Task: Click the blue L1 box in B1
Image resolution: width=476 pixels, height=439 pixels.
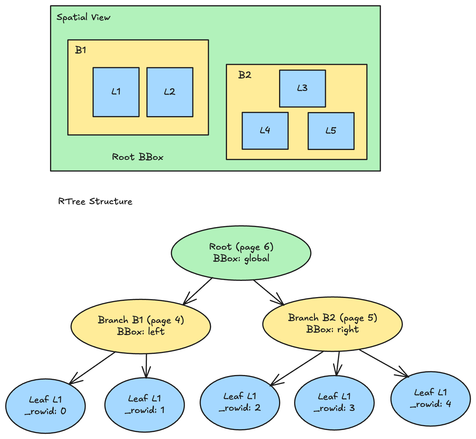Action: [116, 92]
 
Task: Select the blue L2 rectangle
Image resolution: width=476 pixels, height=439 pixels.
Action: [170, 92]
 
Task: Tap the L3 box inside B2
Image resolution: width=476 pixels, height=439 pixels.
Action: [302, 88]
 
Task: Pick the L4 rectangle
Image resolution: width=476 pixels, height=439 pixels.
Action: [265, 131]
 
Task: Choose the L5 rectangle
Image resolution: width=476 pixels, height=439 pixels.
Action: [331, 131]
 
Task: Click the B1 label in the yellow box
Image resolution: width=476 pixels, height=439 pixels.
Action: [80, 50]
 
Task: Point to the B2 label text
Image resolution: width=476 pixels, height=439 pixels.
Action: [245, 75]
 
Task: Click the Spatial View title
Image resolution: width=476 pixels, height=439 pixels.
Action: [83, 17]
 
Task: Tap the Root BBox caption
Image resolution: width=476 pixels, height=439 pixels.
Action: [138, 157]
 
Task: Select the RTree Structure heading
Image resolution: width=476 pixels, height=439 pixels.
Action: [95, 201]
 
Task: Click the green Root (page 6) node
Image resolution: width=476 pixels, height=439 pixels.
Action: [241, 253]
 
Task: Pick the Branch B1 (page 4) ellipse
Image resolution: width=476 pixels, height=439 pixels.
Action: [141, 326]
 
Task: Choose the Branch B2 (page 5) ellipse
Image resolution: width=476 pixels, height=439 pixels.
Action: [332, 324]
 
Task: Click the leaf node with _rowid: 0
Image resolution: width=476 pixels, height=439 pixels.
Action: [45, 405]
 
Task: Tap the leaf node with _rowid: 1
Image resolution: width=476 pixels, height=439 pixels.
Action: [145, 405]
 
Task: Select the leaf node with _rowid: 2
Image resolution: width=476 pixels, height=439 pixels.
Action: [240, 402]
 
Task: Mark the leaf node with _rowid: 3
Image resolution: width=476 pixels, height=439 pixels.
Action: [334, 403]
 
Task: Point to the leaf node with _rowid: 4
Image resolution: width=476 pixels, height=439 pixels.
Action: [430, 398]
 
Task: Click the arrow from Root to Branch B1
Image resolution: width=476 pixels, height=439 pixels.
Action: [198, 291]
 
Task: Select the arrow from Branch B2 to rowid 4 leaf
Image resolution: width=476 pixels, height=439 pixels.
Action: [384, 363]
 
